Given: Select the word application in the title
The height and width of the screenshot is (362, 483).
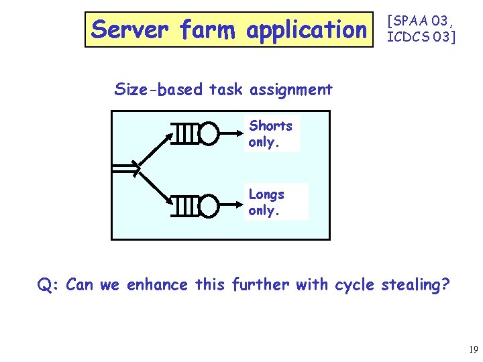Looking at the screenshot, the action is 307,30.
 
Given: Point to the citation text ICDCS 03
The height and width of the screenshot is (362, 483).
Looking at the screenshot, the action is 420,38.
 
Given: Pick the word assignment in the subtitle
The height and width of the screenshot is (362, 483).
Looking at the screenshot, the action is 290,89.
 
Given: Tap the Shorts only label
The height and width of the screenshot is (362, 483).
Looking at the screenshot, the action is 270,133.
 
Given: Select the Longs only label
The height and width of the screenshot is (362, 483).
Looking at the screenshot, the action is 267,202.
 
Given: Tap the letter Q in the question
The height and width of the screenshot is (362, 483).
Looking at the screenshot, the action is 45,285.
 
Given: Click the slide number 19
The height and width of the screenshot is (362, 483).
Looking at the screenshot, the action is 473,350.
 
